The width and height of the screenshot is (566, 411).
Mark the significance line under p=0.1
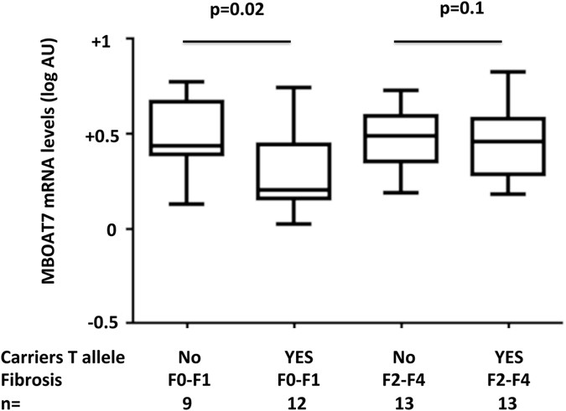tap(449, 40)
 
